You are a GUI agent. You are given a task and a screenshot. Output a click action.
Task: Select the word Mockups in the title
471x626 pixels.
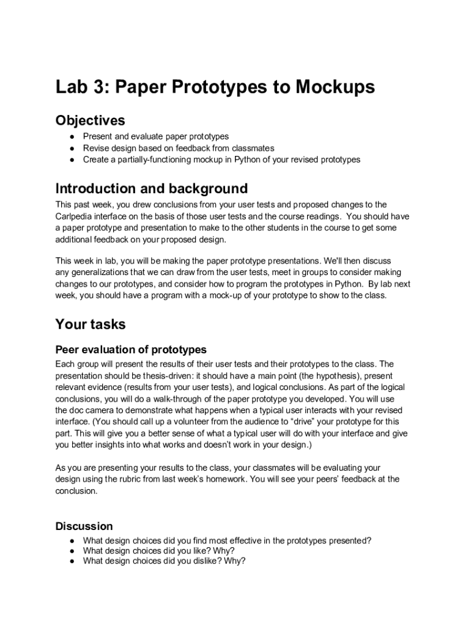point(335,87)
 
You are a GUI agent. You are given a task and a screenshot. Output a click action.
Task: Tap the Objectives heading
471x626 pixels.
point(91,120)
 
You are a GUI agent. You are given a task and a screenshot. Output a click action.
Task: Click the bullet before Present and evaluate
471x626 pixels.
point(72,137)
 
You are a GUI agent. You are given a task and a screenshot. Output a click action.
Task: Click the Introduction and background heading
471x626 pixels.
point(152,188)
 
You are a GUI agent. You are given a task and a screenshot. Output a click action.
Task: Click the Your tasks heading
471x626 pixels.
point(91,323)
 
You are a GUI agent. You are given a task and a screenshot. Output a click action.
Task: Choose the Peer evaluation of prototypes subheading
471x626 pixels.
point(131,350)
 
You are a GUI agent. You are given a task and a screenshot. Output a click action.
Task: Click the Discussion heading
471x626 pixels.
point(84,526)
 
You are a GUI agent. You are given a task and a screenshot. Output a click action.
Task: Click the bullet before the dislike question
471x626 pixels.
point(72,561)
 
